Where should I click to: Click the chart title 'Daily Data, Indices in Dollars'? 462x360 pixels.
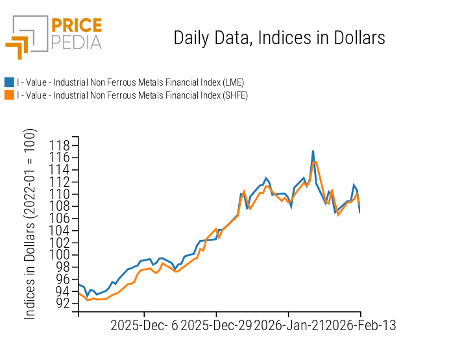[279, 38]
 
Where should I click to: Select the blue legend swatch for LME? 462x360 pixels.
[9, 82]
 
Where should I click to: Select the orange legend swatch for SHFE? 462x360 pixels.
[9, 95]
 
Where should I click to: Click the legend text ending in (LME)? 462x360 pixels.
[130, 82]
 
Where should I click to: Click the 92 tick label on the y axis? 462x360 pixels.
[63, 303]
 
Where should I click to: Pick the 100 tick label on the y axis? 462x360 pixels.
[60, 254]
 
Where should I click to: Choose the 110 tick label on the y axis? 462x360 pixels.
[60, 194]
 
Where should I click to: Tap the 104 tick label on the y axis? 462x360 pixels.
[60, 230]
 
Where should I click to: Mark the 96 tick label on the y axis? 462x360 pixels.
[63, 279]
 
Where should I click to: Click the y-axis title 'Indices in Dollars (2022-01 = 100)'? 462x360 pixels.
[30, 227]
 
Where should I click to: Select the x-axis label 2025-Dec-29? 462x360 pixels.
[215, 325]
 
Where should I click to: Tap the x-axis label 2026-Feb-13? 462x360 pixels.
[360, 325]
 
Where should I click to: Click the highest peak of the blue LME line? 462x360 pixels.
[313, 151]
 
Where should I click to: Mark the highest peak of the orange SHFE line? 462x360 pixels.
[315, 162]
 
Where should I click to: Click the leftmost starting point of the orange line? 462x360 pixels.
[79, 293]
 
